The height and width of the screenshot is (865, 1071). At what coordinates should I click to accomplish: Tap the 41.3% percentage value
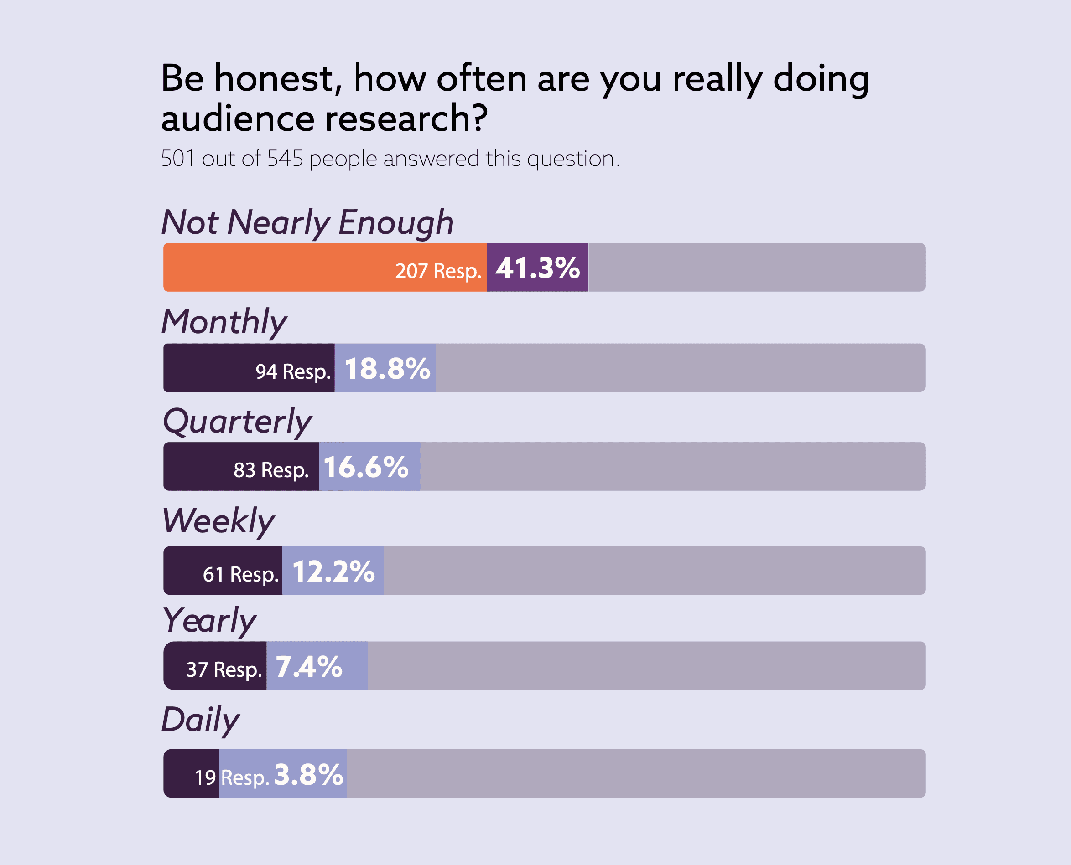tap(537, 268)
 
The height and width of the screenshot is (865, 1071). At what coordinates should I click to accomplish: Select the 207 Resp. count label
tap(438, 271)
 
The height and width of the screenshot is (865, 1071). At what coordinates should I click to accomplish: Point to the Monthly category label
tap(224, 322)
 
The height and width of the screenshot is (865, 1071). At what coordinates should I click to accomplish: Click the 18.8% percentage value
tap(387, 369)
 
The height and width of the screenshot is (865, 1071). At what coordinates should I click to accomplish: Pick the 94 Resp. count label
tap(293, 371)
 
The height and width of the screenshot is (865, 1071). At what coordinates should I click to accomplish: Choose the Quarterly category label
tap(237, 422)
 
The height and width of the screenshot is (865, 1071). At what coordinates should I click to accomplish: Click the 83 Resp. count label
tap(271, 470)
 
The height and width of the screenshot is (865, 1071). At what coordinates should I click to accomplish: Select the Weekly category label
tap(218, 521)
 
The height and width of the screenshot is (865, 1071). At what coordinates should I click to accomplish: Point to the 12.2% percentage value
tap(333, 571)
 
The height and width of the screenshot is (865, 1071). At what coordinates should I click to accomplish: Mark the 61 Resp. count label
tap(240, 574)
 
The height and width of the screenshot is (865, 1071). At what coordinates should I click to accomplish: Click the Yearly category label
tap(209, 621)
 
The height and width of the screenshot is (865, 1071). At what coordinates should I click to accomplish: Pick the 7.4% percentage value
tap(309, 666)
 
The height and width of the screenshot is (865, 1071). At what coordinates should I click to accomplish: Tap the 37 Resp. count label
tap(224, 669)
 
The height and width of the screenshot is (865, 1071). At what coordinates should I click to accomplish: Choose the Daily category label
tap(200, 720)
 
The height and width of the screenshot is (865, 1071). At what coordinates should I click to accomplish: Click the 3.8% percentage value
tap(309, 774)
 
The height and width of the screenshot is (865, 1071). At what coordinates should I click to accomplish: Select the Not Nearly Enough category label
tap(307, 222)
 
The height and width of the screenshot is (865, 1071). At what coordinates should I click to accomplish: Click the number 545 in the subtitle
tap(285, 159)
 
